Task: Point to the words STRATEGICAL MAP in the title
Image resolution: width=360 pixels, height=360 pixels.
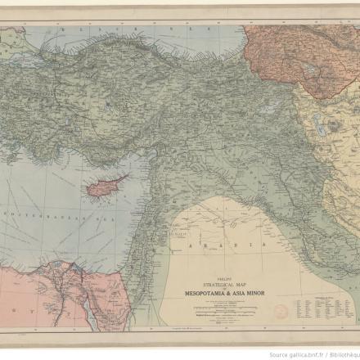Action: (x=218, y=283)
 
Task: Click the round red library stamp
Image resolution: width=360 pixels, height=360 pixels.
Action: (x=281, y=312)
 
